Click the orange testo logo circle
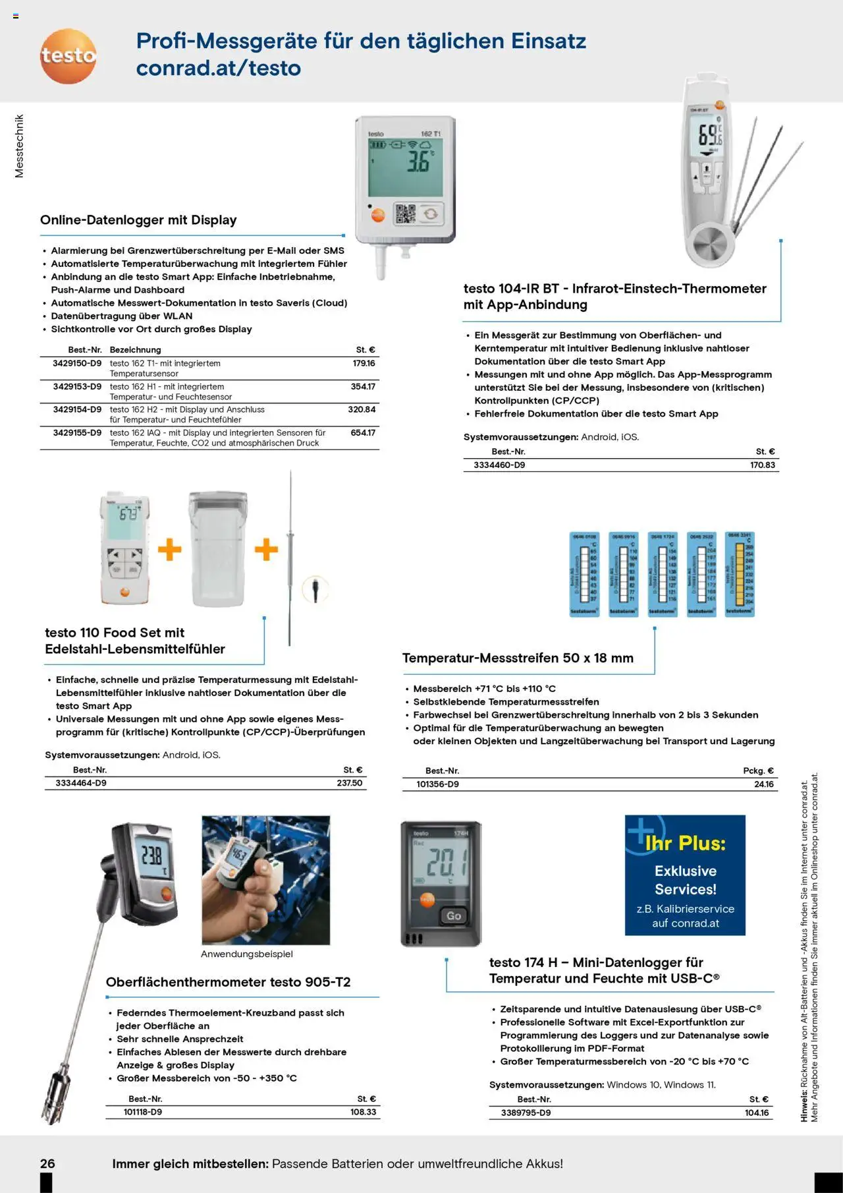(68, 56)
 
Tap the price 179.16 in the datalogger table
(364, 363)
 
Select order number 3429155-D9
(77, 433)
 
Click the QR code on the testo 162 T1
(405, 214)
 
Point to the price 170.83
(762, 465)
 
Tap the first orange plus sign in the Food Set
(169, 549)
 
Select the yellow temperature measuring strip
(740, 573)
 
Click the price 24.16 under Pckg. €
(763, 784)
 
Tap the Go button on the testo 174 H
(453, 916)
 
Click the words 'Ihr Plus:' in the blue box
(685, 843)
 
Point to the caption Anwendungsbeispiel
(247, 954)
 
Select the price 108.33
(363, 1112)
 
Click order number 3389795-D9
(526, 1113)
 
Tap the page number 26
(47, 1163)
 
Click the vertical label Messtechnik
(19, 146)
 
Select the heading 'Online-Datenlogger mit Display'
(138, 220)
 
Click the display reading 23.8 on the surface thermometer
(151, 856)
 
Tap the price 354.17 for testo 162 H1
(363, 387)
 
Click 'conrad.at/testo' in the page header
(218, 68)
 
